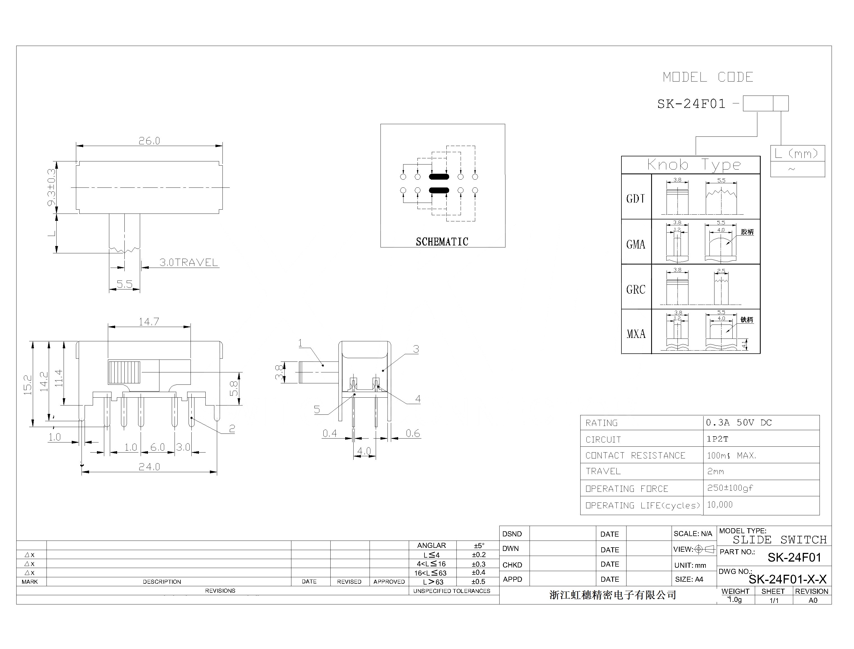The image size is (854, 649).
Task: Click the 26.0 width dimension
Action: tap(149, 141)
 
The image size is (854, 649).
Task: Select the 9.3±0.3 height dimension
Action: tap(51, 187)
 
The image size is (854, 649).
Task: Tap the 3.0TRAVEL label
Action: tap(189, 263)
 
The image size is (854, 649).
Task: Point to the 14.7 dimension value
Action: tap(149, 322)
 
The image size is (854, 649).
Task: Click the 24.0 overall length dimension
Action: tap(149, 467)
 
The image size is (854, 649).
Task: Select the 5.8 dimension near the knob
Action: tap(234, 389)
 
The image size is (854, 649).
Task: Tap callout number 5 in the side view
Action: tap(317, 409)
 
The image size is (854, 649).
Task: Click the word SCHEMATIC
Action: tap(442, 242)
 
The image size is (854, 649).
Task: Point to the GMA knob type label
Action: tap(636, 244)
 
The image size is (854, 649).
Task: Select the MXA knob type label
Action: tap(636, 334)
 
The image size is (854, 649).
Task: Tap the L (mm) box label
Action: tap(797, 154)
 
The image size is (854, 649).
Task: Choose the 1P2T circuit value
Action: tap(717, 439)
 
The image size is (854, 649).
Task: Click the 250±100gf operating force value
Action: tap(730, 488)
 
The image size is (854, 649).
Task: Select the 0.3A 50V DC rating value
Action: tap(739, 423)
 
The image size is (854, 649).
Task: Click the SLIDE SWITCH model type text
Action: tap(779, 540)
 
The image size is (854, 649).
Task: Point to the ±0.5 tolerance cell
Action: tap(478, 582)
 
